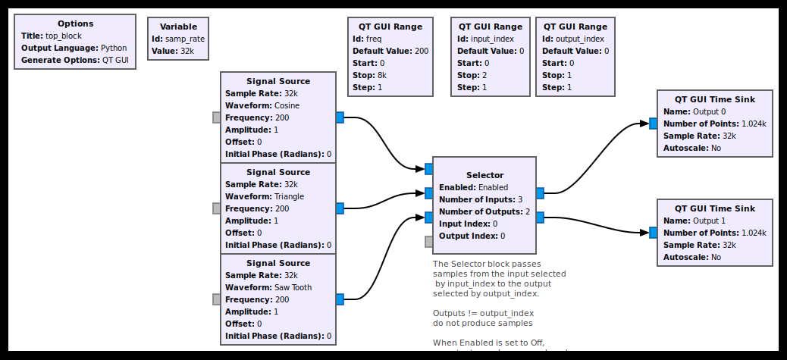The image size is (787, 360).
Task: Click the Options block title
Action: tap(75, 23)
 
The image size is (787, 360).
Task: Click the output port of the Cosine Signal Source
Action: tap(340, 117)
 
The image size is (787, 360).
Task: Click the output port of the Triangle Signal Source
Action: tap(340, 208)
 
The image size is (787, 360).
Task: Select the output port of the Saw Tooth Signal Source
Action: tap(340, 299)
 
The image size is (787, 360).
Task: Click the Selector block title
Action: tap(484, 175)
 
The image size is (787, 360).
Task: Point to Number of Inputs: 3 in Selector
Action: tap(481, 199)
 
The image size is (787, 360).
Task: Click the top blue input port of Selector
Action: tap(428, 169)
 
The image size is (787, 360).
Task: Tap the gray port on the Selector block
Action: tap(428, 242)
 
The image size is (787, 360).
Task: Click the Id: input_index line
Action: tap(485, 39)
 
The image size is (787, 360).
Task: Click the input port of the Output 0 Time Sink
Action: tap(653, 124)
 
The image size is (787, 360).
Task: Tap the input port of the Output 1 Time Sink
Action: tap(653, 233)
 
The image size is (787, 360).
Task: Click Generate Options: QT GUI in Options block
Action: tap(75, 60)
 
